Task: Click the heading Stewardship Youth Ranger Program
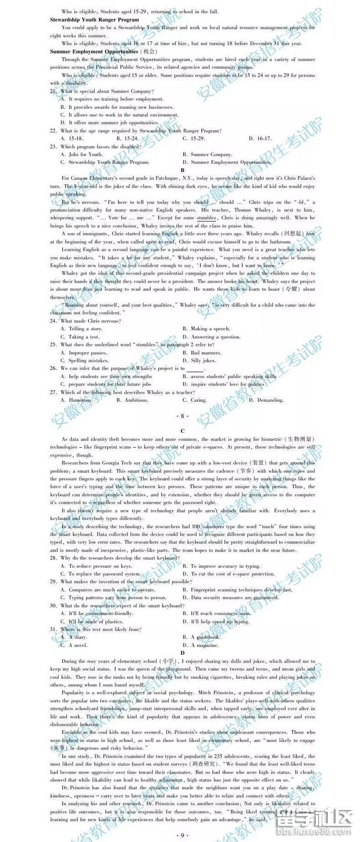(x=87, y=19)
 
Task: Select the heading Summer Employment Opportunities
(x=94, y=51)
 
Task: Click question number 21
(x=53, y=91)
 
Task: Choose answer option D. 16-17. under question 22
(x=260, y=138)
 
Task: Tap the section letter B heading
(x=183, y=170)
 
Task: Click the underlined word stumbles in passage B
(x=206, y=218)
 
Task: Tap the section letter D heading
(x=183, y=653)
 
